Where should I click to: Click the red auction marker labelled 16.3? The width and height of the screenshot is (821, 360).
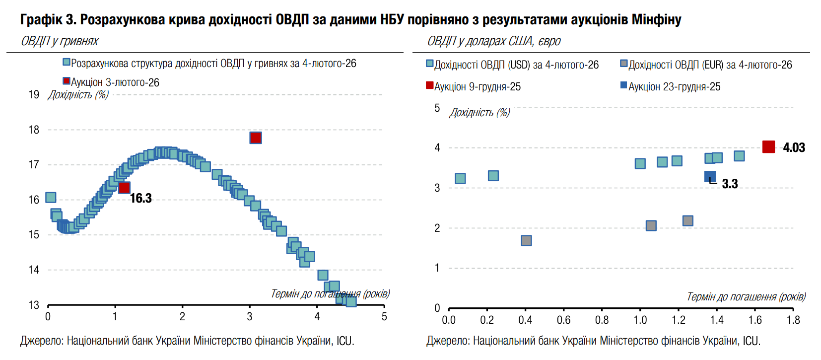[x=124, y=187]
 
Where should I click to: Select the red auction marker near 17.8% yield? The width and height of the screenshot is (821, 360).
[x=256, y=138]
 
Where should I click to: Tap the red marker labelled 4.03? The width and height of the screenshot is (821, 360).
[x=768, y=146]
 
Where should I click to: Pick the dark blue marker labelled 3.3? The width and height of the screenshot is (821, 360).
[x=710, y=176]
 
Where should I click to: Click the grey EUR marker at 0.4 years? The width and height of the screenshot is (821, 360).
[x=527, y=240]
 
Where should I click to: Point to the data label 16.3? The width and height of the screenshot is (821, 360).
[x=141, y=199]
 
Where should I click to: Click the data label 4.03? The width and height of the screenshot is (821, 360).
[x=794, y=147]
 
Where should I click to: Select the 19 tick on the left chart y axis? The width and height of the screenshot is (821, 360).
[x=34, y=94]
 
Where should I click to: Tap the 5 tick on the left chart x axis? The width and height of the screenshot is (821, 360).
[x=384, y=317]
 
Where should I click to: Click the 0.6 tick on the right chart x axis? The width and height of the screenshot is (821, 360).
[x=563, y=320]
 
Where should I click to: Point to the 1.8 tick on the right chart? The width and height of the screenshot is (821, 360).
[x=793, y=320]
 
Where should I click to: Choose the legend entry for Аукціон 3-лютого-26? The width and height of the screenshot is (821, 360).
[x=115, y=82]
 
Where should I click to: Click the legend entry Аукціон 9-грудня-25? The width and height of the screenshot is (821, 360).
[x=477, y=86]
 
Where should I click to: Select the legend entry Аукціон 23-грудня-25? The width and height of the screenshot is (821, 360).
[x=674, y=86]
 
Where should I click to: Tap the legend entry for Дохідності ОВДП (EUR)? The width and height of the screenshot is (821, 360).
[x=710, y=65]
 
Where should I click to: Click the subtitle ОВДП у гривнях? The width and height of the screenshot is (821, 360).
[x=60, y=41]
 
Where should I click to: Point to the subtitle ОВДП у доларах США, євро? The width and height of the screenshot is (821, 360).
[x=494, y=41]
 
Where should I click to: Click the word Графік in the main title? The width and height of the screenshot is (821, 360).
[x=41, y=19]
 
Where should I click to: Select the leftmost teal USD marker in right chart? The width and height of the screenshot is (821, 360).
[x=460, y=178]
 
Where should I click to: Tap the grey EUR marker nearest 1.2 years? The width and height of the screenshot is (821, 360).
[x=687, y=220]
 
